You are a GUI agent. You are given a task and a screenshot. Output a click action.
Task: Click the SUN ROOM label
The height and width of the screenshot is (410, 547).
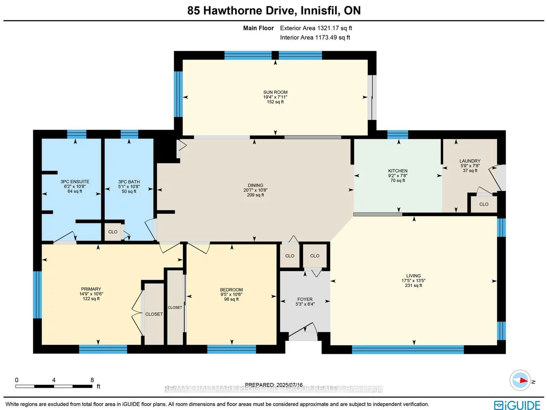[x=275, y=92]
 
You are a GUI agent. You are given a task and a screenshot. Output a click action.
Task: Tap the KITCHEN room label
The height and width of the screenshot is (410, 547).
[x=398, y=171]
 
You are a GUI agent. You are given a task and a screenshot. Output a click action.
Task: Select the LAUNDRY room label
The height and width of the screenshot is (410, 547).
[x=470, y=161]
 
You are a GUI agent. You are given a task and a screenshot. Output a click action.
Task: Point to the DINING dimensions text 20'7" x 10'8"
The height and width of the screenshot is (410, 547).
[x=255, y=190]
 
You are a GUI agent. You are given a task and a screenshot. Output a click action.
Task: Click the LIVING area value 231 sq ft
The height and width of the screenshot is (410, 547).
[x=413, y=285]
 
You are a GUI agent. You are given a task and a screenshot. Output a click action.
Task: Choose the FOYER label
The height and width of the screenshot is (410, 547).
[x=305, y=299]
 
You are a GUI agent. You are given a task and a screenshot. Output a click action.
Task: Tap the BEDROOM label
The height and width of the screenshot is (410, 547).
[x=231, y=289]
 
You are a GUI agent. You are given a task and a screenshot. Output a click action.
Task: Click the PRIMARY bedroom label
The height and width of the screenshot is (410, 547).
[x=91, y=289]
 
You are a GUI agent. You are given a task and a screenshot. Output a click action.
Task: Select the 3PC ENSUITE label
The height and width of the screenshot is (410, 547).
[x=75, y=182]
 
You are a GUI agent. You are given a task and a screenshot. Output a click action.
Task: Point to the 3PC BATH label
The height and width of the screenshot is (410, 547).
[x=129, y=182]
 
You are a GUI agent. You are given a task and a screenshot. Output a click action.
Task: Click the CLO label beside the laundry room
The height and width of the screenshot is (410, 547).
[x=484, y=204]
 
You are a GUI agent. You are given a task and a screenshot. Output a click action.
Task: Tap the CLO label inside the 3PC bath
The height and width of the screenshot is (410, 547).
[x=113, y=232]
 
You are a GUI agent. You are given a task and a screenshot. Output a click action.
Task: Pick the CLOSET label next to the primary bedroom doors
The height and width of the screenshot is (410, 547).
[x=154, y=314]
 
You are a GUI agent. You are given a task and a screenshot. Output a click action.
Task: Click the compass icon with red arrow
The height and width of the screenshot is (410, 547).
[x=520, y=381]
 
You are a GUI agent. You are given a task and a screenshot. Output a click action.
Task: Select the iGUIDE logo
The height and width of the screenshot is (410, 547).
[x=517, y=405]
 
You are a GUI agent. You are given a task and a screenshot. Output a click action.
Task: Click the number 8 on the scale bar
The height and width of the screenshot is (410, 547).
[x=92, y=380]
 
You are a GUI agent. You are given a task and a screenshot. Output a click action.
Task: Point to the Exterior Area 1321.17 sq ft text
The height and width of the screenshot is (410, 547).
[x=316, y=28]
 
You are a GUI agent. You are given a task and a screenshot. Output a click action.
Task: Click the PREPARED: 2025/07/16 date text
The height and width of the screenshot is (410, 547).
[x=273, y=385]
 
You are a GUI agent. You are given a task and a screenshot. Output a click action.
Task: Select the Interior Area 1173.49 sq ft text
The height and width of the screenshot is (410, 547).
[x=315, y=38]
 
